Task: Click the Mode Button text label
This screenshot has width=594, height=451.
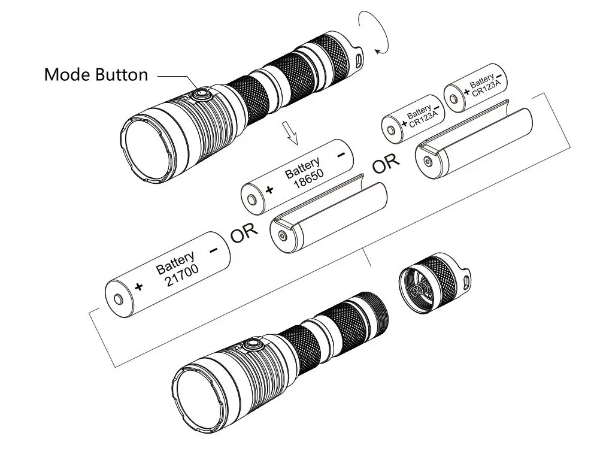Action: [x=96, y=75]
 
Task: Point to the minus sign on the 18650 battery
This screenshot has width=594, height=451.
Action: [x=341, y=155]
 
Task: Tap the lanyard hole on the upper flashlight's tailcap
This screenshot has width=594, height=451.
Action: [x=358, y=60]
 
